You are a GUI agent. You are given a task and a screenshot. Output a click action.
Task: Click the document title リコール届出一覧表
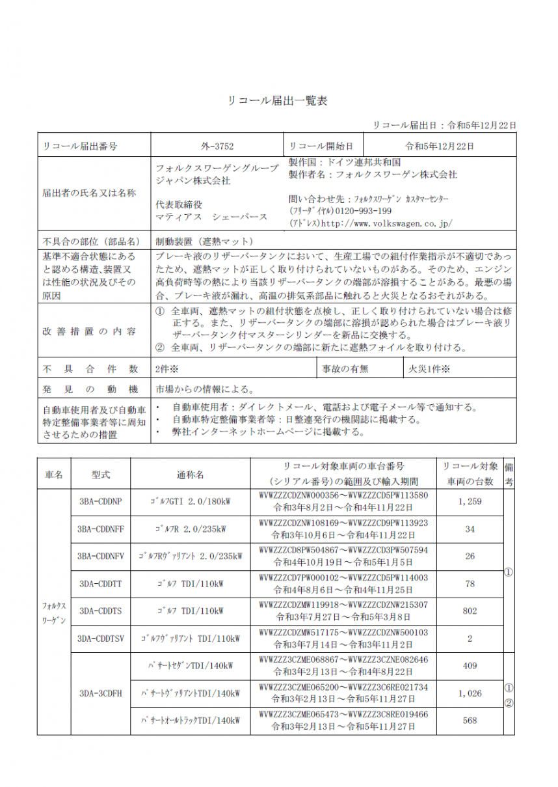coord(278,101)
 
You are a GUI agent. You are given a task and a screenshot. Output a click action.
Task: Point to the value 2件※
coord(167,369)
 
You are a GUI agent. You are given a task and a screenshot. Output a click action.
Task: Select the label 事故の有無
coord(345,369)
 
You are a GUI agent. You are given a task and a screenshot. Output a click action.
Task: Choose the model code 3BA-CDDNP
coord(100,501)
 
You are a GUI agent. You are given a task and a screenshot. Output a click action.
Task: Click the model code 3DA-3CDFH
coord(100,693)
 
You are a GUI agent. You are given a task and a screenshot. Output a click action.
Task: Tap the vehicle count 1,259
coord(470,501)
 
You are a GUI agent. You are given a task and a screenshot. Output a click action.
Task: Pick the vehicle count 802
coord(470,611)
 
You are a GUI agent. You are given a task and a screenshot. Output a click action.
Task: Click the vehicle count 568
coord(470,721)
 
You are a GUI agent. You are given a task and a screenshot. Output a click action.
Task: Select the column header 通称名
coord(190,475)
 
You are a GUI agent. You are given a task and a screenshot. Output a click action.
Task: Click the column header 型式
coord(100,475)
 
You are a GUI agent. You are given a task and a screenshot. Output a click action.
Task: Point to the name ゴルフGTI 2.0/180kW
coord(190,501)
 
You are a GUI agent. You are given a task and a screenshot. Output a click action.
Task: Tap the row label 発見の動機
coord(90,389)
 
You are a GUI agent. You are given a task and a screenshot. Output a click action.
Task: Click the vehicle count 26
coord(470,556)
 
